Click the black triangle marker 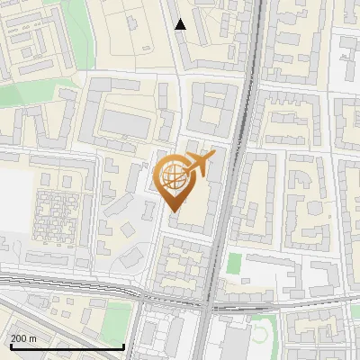click(x=181, y=24)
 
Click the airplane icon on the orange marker click(x=200, y=163)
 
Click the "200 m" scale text click(x=23, y=338)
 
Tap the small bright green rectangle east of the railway click(x=235, y=264)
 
